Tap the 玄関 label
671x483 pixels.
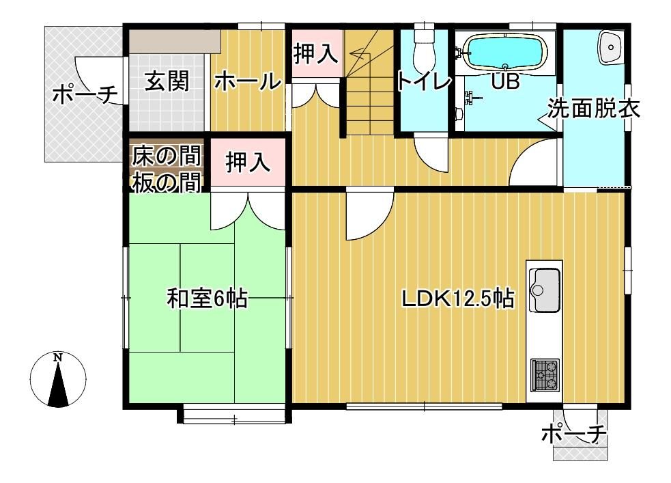tap(166, 81)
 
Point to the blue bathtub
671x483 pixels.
tap(504, 53)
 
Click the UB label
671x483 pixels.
tap(506, 82)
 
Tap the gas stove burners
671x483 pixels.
tap(545, 374)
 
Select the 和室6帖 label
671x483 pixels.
tap(207, 299)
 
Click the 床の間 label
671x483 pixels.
tap(166, 156)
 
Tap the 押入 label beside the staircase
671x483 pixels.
tap(315, 54)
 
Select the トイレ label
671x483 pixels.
tap(424, 82)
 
